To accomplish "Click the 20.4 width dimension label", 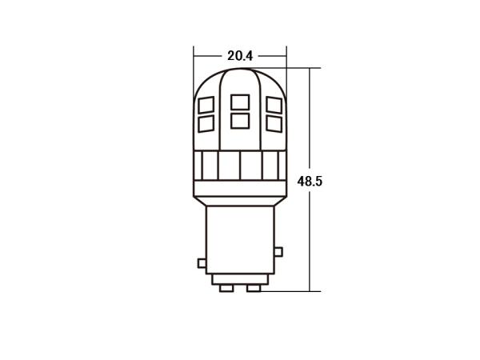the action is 240,56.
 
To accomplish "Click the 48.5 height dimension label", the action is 310,182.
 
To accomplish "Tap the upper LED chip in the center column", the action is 240,102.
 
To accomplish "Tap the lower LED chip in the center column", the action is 240,121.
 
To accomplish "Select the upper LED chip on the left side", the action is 206,105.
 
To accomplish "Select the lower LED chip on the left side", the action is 206,124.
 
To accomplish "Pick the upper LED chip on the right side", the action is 274,105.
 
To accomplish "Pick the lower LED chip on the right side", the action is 274,124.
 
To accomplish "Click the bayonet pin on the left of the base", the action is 202,263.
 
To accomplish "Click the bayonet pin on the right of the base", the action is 278,252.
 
